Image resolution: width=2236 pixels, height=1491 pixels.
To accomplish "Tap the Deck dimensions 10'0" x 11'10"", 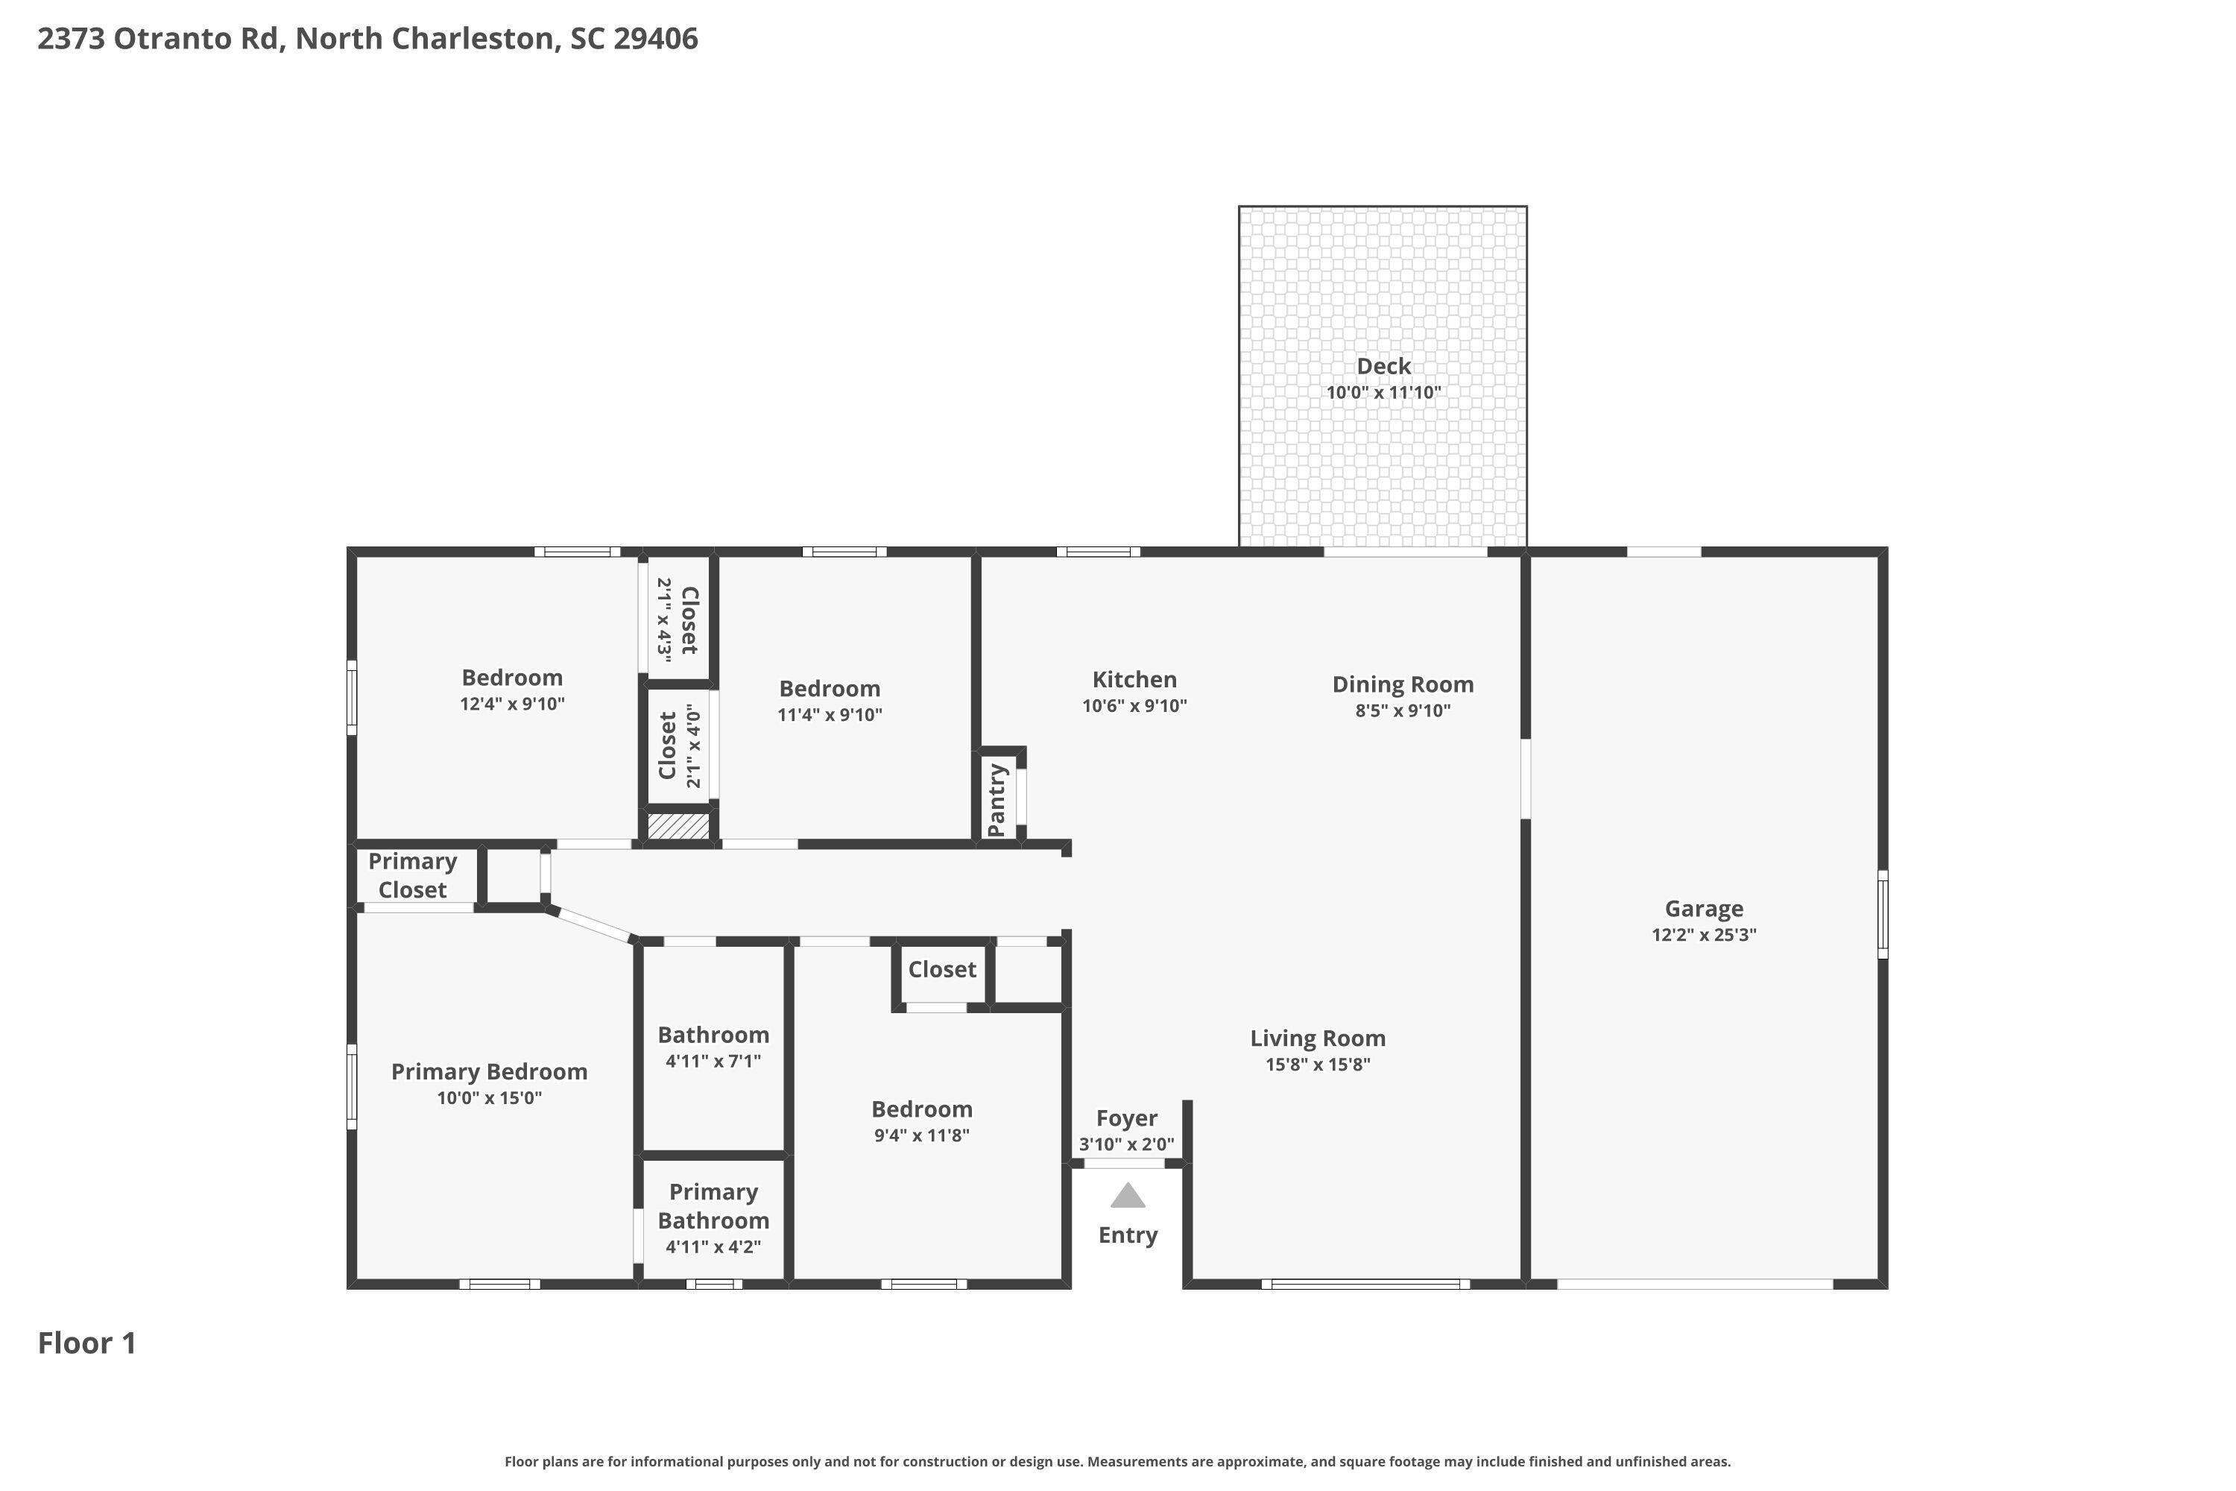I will coord(1383,393).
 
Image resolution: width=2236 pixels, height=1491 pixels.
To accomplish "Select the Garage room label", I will coord(1704,908).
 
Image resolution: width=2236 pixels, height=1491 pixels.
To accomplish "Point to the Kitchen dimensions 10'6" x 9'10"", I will coord(1134,705).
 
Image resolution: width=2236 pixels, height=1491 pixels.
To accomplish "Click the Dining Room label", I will coord(1402,684).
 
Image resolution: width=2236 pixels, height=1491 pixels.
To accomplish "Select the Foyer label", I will coord(1126,1118).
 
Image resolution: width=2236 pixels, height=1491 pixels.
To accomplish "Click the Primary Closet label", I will coord(413,874).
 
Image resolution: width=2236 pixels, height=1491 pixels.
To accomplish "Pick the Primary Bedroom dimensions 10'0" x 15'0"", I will coord(489,1098).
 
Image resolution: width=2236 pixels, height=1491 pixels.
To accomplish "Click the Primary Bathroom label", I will coord(713,1205).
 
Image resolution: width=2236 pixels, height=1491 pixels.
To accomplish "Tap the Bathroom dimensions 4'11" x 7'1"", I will coord(713,1061).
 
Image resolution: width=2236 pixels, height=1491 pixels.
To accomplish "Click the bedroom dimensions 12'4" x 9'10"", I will coord(513,704).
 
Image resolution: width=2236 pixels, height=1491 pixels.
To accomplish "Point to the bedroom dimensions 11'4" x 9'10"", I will coord(830,715).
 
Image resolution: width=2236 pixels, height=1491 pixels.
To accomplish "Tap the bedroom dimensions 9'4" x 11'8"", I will coord(921,1135).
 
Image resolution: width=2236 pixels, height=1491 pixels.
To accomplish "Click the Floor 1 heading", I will coord(87,1343).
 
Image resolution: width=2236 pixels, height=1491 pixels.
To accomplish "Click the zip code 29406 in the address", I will coord(655,39).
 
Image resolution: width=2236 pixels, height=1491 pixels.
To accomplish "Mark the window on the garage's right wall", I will coord(1883,914).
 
